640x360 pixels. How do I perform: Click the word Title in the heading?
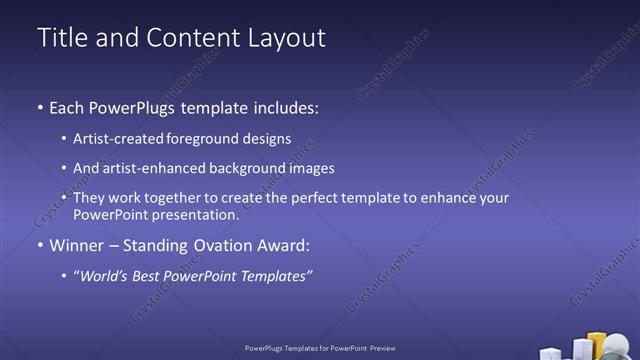(x=61, y=38)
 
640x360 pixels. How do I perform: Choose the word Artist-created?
(x=114, y=139)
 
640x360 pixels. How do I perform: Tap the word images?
(x=309, y=168)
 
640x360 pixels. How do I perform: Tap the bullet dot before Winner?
(x=40, y=245)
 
